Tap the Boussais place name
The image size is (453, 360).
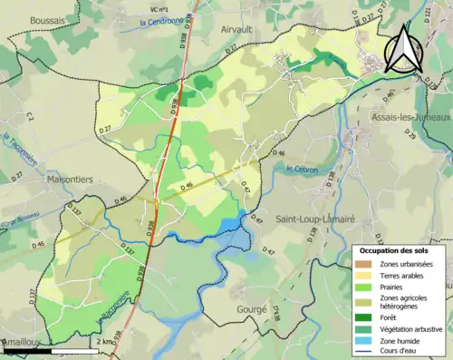47,19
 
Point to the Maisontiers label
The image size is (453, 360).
74,180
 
